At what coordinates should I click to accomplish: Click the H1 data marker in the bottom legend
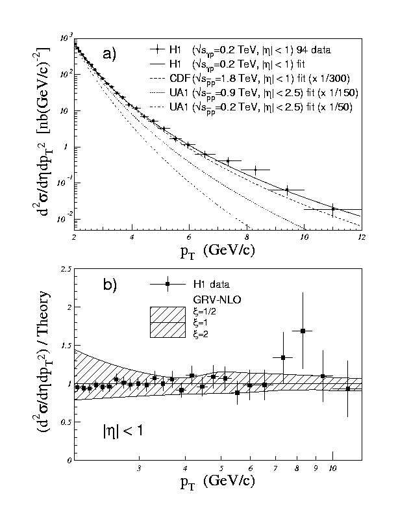coord(168,284)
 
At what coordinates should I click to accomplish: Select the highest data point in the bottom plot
coord(303,331)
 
